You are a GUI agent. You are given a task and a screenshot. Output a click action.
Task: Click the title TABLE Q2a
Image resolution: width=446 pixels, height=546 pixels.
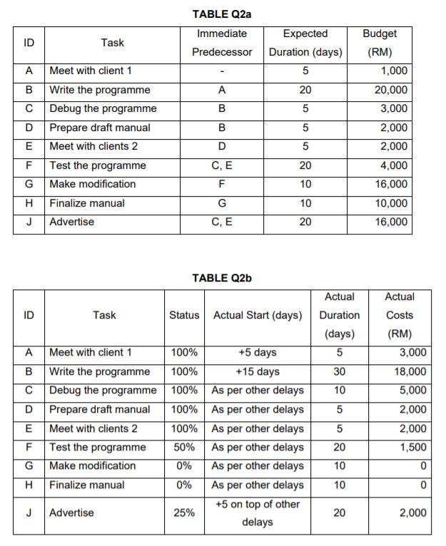point(222,14)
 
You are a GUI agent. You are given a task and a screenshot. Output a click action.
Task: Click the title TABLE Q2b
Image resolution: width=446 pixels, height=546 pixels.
point(222,278)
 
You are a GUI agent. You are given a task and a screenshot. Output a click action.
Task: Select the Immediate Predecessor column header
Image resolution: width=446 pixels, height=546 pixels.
point(222,43)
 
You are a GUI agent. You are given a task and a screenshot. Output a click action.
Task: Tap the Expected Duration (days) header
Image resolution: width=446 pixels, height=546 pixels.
point(305,43)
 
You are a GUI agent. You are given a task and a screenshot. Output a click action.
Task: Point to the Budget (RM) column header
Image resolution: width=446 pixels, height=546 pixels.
point(380,43)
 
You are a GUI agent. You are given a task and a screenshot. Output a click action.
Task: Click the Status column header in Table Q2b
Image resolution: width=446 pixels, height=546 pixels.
point(184,315)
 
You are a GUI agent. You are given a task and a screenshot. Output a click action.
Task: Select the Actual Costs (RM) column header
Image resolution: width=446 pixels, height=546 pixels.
point(400,315)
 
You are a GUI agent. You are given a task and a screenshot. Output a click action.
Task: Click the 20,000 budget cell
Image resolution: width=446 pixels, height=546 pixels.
point(392,90)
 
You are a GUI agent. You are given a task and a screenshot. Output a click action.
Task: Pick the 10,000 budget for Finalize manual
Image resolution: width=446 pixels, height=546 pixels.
point(392,203)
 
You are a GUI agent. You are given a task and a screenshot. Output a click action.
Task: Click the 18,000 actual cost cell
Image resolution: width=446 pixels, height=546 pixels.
point(411,371)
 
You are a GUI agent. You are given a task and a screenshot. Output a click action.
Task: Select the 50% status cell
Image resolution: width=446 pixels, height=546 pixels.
point(184,447)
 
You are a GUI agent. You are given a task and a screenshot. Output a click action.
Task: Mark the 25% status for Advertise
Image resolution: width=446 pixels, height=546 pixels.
point(184,512)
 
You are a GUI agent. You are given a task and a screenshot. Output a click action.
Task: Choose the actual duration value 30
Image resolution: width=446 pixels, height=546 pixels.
point(340,371)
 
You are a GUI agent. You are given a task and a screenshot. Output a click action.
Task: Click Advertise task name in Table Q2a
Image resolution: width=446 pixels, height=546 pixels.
point(71,222)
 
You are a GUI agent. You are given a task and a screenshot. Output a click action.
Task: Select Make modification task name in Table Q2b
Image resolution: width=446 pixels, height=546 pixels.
point(92,465)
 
